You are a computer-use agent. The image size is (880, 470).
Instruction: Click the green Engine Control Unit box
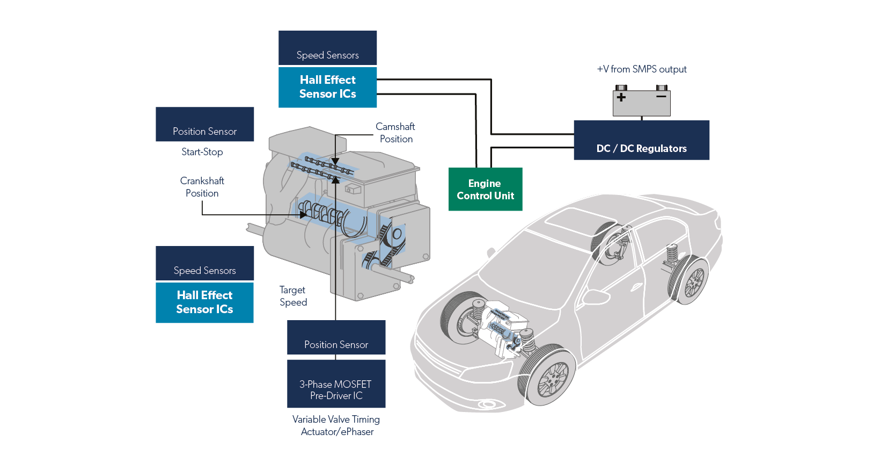(485, 190)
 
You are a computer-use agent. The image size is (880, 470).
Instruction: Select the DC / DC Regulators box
(641, 141)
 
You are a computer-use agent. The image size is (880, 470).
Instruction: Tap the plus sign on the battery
(621, 97)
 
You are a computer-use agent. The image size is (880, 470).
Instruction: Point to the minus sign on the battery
(661, 97)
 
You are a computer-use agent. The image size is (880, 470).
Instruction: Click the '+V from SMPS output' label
(641, 69)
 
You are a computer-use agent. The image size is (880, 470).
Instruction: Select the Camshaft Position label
(395, 133)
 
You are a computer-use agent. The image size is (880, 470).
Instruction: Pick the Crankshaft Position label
(202, 187)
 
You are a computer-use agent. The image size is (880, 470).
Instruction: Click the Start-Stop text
(202, 152)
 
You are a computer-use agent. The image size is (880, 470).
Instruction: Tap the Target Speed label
(293, 296)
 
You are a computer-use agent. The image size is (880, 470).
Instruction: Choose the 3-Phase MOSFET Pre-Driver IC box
(336, 384)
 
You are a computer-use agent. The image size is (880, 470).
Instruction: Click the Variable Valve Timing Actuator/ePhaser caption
(336, 425)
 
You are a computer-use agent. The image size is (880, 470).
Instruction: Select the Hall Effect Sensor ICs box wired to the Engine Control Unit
(327, 87)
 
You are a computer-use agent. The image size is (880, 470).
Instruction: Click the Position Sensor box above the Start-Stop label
(204, 125)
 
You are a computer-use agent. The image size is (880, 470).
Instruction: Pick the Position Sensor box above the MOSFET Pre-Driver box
(336, 337)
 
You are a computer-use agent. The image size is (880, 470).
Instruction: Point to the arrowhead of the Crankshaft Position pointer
(304, 215)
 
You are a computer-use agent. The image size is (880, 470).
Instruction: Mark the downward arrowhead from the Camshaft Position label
(335, 161)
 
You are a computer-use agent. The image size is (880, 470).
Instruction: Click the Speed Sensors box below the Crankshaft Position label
(204, 263)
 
